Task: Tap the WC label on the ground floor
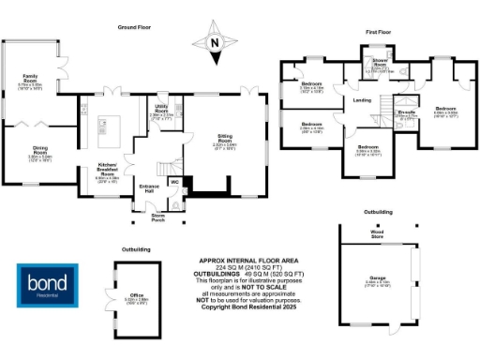pos(174,181)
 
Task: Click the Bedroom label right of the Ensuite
pos(444,110)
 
